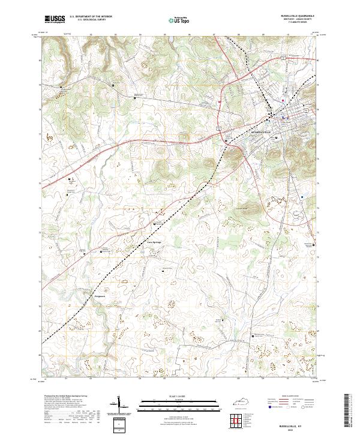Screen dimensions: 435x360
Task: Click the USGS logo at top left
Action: (x=55, y=19)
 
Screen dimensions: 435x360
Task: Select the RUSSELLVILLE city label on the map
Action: (x=261, y=130)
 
